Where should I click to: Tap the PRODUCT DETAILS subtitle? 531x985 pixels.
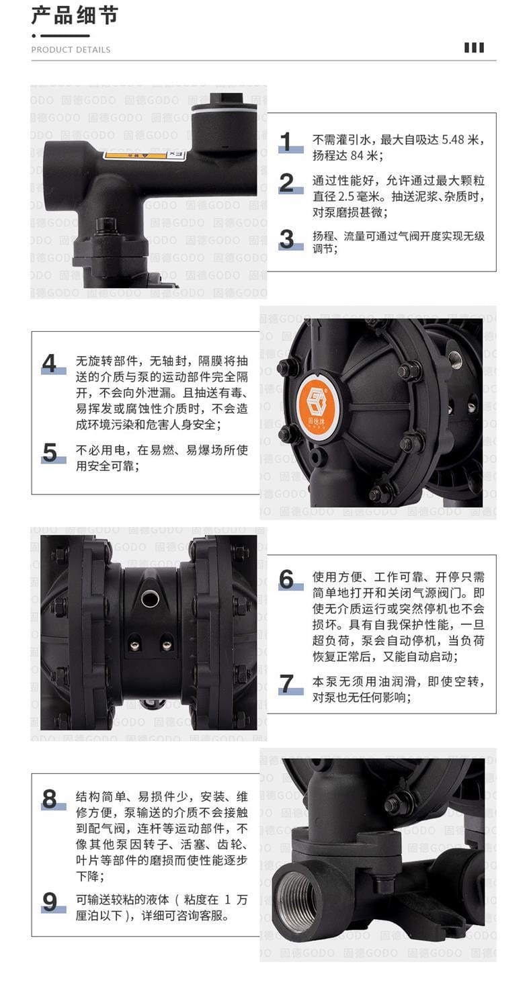point(71,50)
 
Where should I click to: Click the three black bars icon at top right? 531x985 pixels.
point(475,48)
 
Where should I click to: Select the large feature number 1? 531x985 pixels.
point(286,142)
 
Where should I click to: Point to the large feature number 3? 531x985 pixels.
point(287,239)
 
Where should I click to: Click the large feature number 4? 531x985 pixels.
point(50,363)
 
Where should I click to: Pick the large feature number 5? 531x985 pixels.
point(50,452)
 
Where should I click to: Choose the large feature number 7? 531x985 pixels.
point(287,684)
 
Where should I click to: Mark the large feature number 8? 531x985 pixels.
point(50,799)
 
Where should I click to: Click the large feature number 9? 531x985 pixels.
point(50,902)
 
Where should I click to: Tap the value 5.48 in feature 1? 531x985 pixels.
point(453,140)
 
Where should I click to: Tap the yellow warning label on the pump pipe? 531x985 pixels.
point(134,155)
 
